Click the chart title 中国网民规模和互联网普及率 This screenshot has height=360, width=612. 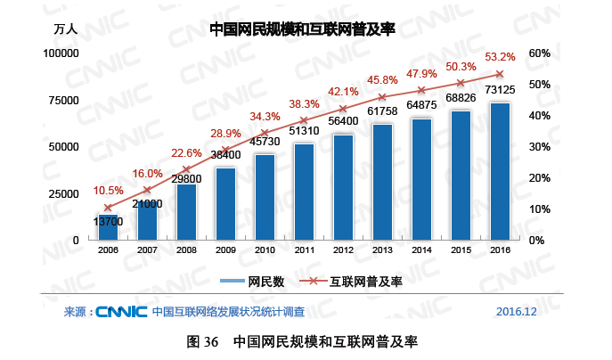(302, 29)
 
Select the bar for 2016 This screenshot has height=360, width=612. (500, 171)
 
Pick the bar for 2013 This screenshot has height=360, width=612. (382, 182)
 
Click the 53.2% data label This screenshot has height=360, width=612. (500, 57)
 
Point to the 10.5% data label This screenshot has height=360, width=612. (108, 190)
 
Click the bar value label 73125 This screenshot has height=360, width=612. (500, 90)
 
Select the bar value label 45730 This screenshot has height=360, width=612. (265, 142)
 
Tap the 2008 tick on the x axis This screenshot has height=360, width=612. (186, 250)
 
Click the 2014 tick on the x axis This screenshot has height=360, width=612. (421, 250)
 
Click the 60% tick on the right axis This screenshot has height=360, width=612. (540, 53)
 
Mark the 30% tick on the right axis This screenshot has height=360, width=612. (540, 147)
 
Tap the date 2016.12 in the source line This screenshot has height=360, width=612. (517, 312)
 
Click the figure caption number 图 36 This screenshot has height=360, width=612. (204, 341)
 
